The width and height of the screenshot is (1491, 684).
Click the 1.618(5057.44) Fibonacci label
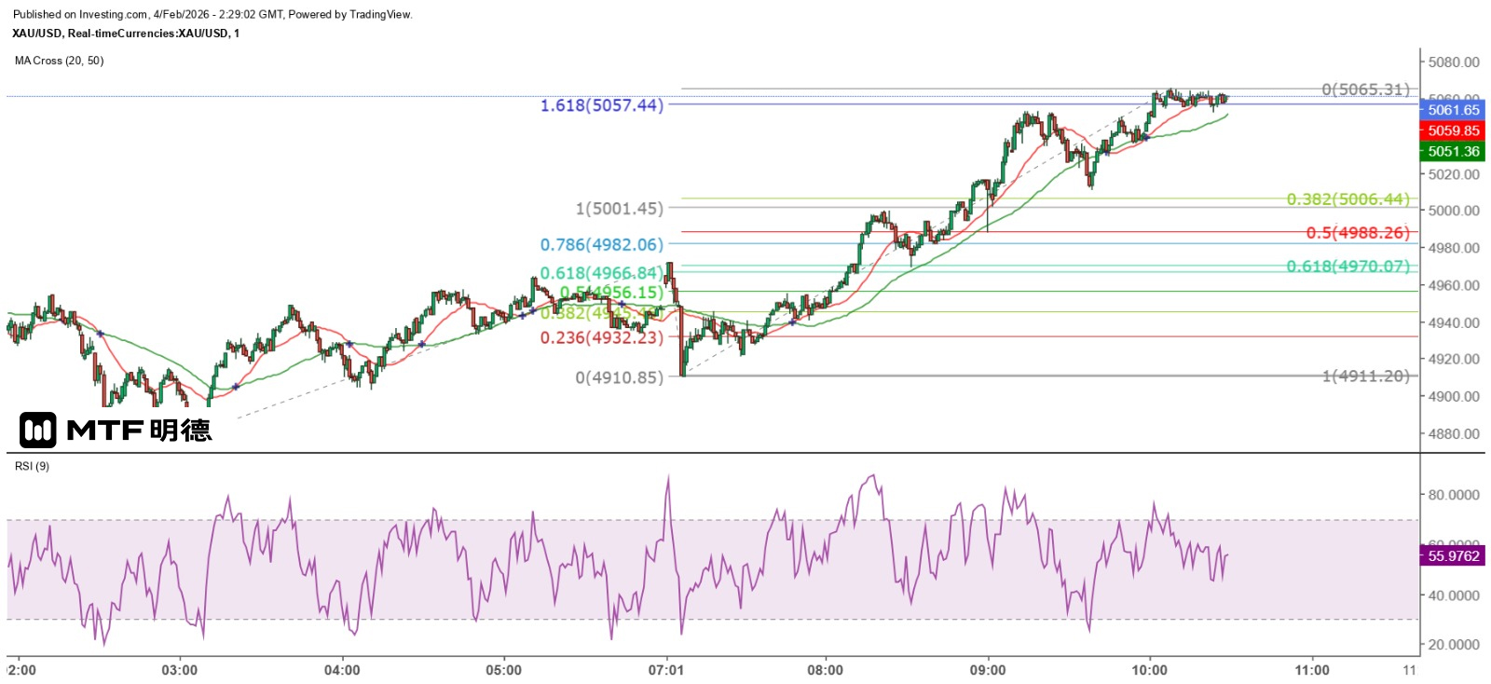pyautogui.click(x=601, y=105)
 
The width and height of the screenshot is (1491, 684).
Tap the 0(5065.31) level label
pyautogui.click(x=1365, y=89)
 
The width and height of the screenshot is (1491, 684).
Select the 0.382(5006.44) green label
pyautogui.click(x=1347, y=199)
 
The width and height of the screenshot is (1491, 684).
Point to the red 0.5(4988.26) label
pyautogui.click(x=1357, y=233)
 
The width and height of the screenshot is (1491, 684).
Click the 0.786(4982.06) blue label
pyautogui.click(x=601, y=244)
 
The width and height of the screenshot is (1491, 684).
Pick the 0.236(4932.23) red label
pyautogui.click(x=601, y=337)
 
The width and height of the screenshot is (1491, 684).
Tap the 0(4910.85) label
pyautogui.click(x=619, y=377)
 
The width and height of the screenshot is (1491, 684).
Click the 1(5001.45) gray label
pyautogui.click(x=619, y=209)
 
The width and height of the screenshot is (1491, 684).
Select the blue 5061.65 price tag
pyautogui.click(x=1453, y=110)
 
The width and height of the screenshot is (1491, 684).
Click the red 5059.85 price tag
pyautogui.click(x=1453, y=130)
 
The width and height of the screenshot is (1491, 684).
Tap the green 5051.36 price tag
pyautogui.click(x=1453, y=151)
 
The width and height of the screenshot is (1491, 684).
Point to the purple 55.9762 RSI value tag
pyautogui.click(x=1453, y=556)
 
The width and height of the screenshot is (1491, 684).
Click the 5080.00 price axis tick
pyautogui.click(x=1454, y=62)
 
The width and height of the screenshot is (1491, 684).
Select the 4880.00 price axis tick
pyautogui.click(x=1454, y=433)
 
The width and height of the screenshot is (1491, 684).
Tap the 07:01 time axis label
pyautogui.click(x=666, y=670)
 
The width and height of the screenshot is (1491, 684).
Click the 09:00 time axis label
pyautogui.click(x=988, y=670)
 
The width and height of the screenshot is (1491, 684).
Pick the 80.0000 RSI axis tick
pyautogui.click(x=1454, y=495)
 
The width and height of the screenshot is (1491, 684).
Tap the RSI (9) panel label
pyautogui.click(x=32, y=466)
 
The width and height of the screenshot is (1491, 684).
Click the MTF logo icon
pyautogui.click(x=38, y=431)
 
